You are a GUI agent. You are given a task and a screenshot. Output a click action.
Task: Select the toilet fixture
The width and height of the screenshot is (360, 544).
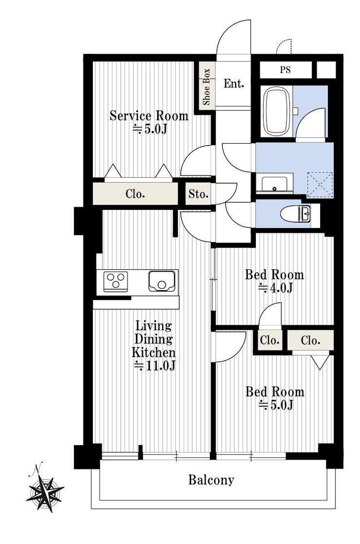(296, 213)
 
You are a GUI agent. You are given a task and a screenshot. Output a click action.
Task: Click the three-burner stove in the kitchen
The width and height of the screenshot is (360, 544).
(116, 281)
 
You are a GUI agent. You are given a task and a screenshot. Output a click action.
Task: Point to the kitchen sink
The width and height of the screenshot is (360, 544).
(162, 281)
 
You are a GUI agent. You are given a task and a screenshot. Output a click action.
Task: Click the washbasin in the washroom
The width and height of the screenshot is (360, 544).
(274, 184)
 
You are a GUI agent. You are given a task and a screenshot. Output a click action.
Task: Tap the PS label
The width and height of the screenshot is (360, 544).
(286, 70)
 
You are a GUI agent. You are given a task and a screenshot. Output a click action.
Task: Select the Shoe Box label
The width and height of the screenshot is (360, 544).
(206, 87)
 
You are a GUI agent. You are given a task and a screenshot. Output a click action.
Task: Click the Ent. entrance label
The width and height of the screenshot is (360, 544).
(234, 84)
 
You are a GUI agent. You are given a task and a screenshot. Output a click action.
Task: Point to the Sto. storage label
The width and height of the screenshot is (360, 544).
(198, 194)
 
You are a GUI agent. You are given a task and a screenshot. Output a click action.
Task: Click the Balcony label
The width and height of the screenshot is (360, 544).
(211, 480)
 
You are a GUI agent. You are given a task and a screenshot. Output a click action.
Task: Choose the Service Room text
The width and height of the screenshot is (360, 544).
(149, 115)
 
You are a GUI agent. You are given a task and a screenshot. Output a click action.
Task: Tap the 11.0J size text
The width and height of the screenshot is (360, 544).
(155, 366)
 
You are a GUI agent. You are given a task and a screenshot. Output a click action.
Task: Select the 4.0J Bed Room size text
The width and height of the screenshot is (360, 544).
(276, 288)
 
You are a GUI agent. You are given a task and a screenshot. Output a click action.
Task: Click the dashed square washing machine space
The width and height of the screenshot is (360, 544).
(320, 185)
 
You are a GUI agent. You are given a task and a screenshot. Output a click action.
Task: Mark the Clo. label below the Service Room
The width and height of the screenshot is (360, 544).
(135, 194)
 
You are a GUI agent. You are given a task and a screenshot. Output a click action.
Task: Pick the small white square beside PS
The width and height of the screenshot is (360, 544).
(326, 70)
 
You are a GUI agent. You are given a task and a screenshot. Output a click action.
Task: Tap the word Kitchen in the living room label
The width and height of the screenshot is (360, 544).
(154, 353)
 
